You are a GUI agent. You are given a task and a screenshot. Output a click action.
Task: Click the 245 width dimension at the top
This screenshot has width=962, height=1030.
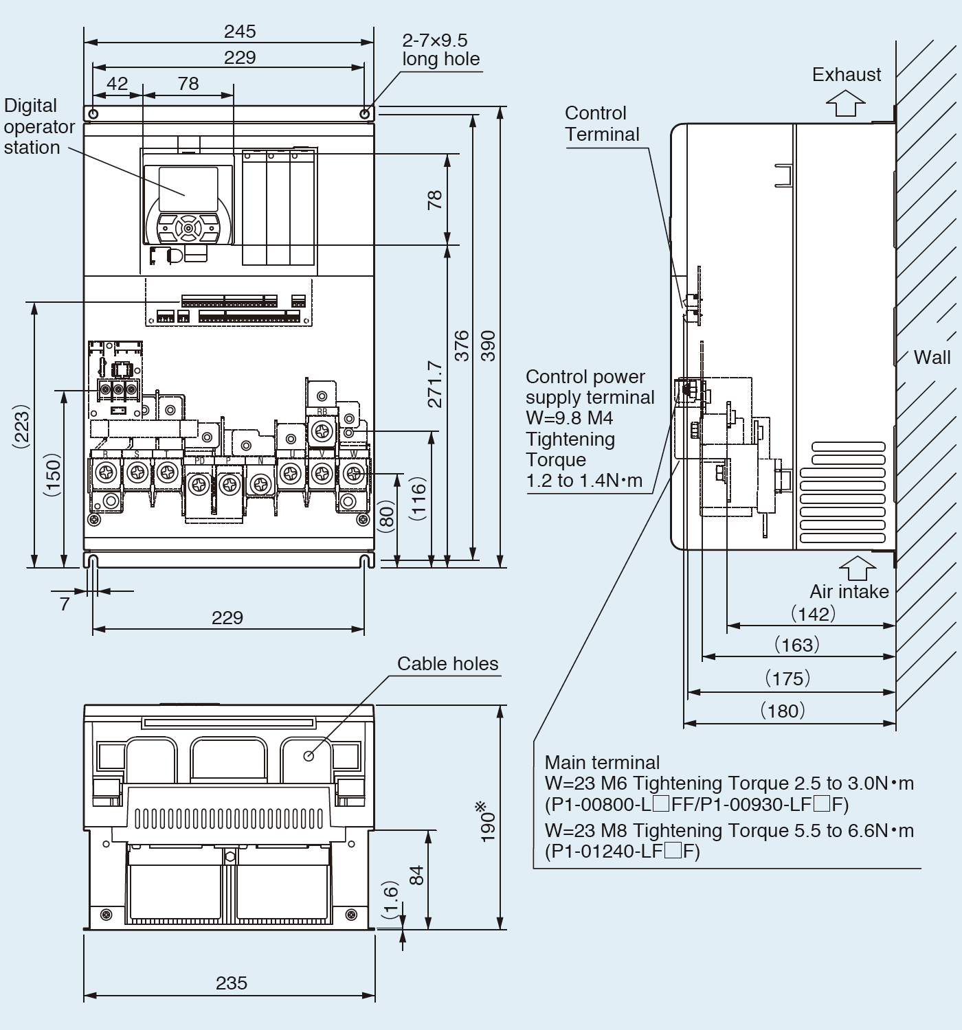coord(240,32)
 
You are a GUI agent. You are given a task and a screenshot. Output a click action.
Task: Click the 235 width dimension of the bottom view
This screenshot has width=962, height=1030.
coord(231,983)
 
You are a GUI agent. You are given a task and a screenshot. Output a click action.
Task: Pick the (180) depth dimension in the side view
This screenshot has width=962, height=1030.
coord(783,711)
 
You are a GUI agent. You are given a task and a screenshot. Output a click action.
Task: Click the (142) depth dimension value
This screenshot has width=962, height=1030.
coord(813,613)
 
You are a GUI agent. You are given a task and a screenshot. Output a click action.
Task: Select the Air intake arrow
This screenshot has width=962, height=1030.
coord(857,568)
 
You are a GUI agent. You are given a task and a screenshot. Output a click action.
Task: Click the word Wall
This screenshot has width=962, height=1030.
coord(932,357)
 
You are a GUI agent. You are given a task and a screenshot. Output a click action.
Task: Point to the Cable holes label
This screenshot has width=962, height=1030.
coord(447,663)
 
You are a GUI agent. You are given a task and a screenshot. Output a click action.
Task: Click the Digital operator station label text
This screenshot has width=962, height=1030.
coord(38,126)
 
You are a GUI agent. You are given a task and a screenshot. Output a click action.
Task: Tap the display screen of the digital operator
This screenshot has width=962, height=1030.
coord(188,189)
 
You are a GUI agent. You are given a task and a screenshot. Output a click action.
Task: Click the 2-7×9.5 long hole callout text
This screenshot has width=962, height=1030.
coord(440,49)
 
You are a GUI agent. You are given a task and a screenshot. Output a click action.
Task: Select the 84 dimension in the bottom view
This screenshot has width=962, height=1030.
coord(416,875)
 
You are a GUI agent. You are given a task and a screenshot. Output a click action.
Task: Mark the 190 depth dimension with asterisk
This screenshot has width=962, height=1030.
coord(488,821)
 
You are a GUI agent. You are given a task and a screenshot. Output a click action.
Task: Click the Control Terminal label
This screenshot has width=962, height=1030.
coord(602,124)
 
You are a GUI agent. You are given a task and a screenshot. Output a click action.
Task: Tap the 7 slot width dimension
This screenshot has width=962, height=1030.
coord(65,604)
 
